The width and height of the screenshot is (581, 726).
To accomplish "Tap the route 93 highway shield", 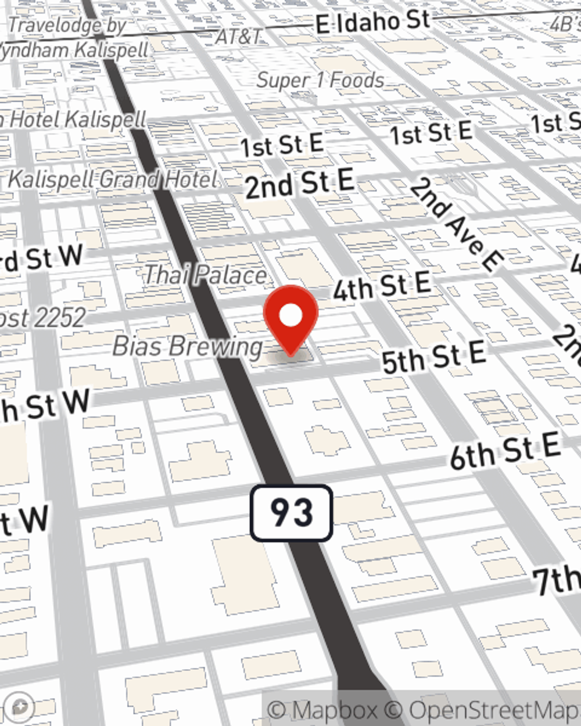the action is click(292, 513).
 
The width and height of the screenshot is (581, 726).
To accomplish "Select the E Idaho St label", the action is click(372, 23).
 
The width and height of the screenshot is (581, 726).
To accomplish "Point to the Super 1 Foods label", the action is click(320, 80).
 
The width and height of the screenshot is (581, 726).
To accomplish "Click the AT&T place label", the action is click(238, 37).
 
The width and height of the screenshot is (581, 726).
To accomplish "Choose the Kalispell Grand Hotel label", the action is click(113, 180).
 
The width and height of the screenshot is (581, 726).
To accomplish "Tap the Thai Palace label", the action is click(205, 275).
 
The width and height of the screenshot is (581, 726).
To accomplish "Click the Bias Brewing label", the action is click(188, 347).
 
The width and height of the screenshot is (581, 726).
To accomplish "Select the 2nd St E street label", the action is click(299, 184).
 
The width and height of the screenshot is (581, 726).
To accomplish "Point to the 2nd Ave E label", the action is click(456, 225).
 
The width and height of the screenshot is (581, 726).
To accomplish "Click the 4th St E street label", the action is click(382, 286).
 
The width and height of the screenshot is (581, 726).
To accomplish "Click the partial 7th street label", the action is click(557, 579).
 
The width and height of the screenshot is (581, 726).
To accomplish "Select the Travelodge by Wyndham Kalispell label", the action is click(73, 38).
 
